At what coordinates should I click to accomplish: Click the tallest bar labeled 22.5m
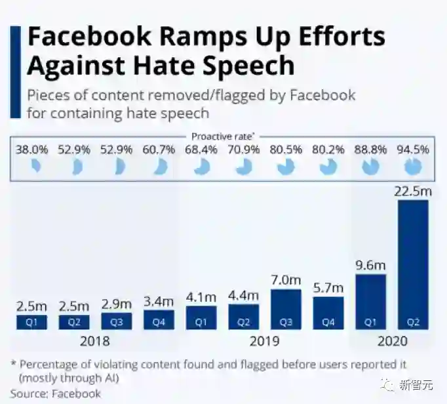(413, 264)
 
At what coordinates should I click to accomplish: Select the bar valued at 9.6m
(371, 300)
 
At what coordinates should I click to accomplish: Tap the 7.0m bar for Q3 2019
(286, 308)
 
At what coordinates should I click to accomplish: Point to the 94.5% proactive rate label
(413, 150)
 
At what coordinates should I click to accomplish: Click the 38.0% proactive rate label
(32, 150)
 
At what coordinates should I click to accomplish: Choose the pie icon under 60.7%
(159, 167)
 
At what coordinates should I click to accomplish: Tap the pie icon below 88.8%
(370, 167)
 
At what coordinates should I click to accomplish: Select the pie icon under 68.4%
(201, 167)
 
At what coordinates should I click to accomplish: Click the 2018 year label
(94, 341)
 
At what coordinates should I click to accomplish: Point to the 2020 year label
(392, 341)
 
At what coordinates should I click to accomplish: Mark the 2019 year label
(264, 341)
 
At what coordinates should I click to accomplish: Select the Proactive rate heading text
(223, 136)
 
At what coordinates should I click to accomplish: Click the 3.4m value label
(159, 302)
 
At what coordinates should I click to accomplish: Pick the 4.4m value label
(244, 296)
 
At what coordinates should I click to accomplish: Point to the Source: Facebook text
(56, 394)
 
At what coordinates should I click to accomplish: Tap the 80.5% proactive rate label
(286, 150)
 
